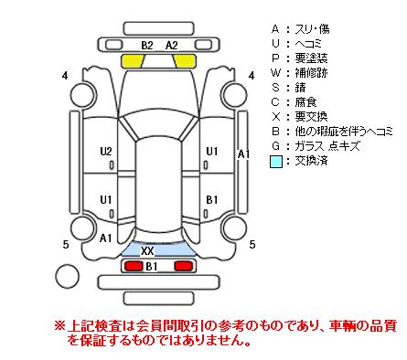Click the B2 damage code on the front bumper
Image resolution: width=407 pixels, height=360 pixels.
pos(147,46)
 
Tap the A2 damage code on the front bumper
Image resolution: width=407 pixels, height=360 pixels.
pos(172,46)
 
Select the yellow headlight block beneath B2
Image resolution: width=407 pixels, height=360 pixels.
pos(134,61)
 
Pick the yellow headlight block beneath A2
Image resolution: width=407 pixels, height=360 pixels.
pos(184,61)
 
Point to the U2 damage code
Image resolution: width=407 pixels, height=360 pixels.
pos(106,152)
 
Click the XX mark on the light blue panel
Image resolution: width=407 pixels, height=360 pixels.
pos(147,251)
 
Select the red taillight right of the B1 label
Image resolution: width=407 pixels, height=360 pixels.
pos(184,266)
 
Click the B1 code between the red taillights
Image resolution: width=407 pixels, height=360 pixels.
pos(152,267)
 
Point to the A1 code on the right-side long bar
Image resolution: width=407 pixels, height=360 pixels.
pos(243,154)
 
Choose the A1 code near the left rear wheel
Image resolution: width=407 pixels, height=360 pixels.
pos(106,238)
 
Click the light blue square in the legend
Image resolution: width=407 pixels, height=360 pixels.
pos(276,162)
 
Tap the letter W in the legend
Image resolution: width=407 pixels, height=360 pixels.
pos(275,73)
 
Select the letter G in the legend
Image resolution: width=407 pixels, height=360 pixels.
pos(275,146)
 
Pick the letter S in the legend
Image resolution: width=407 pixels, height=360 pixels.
pos(275,88)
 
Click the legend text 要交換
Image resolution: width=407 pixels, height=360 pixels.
pos(311,117)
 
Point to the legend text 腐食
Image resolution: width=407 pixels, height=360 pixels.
pos(305,102)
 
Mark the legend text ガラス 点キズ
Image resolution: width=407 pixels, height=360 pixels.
pos(327,146)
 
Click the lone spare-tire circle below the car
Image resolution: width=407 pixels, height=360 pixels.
pos(67,276)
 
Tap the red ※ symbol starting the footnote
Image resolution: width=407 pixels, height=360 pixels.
pos(59,326)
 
